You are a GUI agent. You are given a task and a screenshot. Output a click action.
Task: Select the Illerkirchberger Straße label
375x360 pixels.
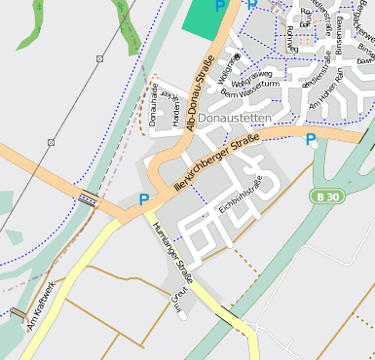215,162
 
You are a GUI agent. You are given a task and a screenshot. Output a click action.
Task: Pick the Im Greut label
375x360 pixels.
178,302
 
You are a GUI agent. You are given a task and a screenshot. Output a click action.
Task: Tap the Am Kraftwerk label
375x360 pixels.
42,304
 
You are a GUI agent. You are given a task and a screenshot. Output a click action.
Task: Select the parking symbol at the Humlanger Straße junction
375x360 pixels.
144,199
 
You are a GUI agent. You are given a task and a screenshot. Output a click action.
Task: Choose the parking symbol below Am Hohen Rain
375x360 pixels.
311,140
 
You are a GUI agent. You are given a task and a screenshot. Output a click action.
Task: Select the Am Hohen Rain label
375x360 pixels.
327,93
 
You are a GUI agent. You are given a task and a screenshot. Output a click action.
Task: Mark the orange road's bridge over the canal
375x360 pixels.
88,199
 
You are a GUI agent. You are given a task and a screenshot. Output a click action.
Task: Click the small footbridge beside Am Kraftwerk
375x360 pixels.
19,313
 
